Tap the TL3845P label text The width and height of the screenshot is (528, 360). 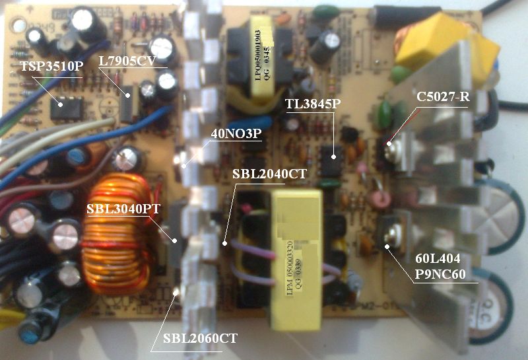tap(313, 104)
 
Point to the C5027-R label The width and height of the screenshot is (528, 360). tap(443, 97)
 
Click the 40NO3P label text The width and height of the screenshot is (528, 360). tap(236, 133)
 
